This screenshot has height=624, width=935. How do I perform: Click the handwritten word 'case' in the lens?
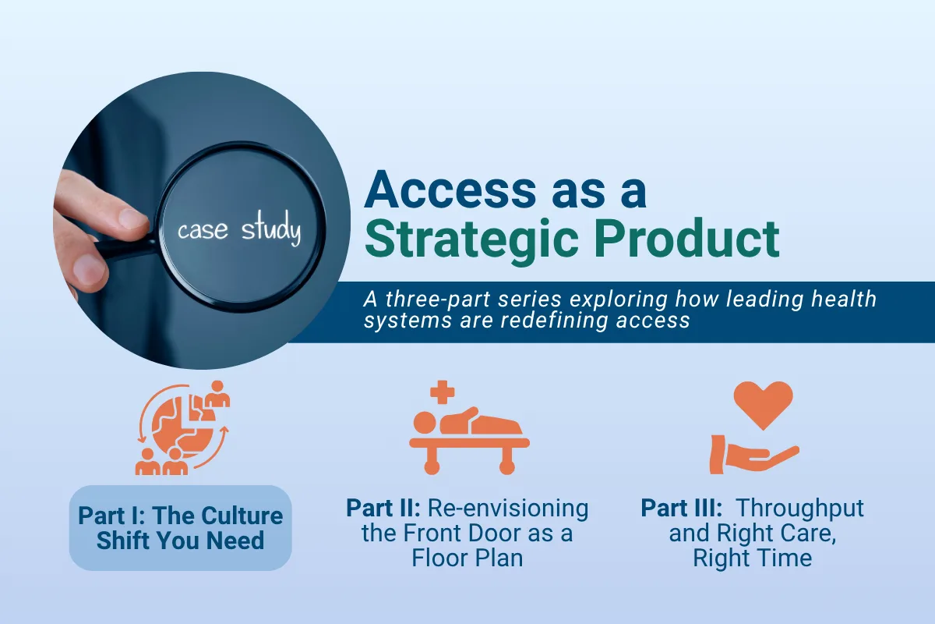coord(202,230)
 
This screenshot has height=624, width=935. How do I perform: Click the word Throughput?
coord(800,509)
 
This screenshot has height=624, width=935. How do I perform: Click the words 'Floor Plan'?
coord(468,558)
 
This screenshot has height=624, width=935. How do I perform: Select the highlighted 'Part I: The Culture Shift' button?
coord(180,528)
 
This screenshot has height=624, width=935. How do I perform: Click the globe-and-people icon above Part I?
coord(182,428)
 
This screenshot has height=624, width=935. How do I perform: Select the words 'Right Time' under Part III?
coord(753,558)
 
